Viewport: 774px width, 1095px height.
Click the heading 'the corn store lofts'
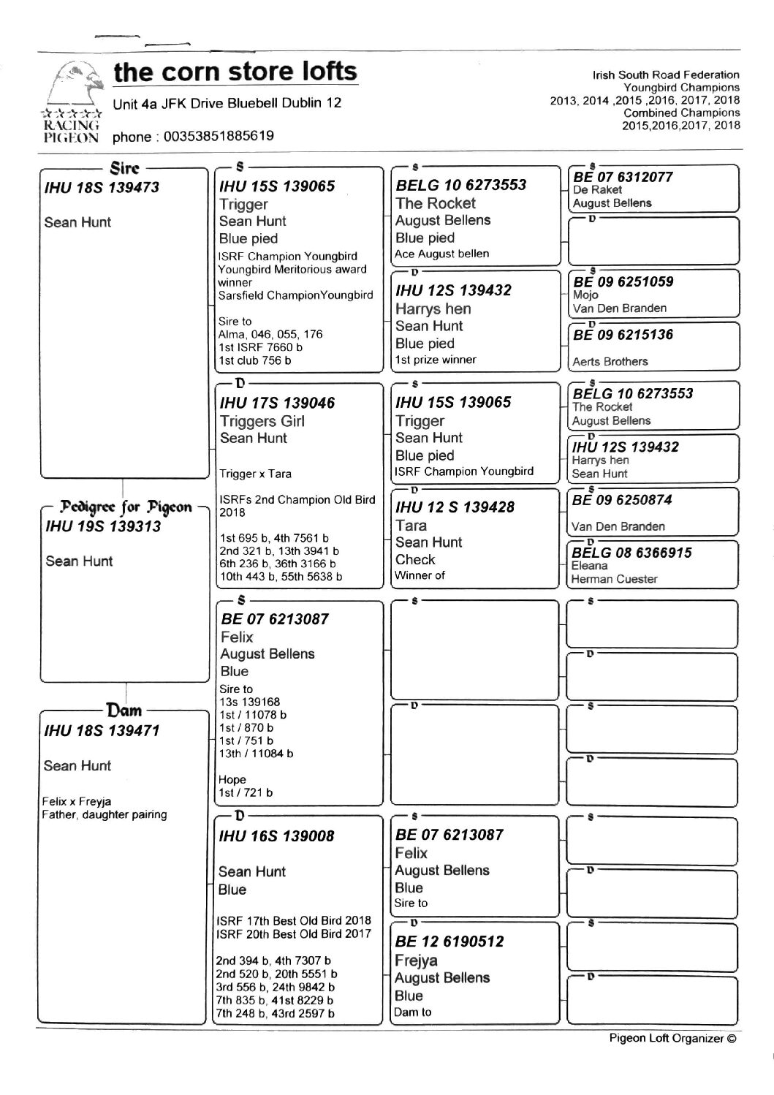[235, 72]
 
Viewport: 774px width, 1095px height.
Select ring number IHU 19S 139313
[103, 526]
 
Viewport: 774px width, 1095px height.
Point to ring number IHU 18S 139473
[102, 187]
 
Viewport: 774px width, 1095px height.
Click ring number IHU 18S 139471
[102, 730]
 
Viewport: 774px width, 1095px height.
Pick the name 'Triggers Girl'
[262, 421]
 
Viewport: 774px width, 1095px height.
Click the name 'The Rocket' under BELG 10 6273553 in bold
[436, 203]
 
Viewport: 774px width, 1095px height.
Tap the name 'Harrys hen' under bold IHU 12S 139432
[433, 308]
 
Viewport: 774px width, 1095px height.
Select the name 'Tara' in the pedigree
[411, 525]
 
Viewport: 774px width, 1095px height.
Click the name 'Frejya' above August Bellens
[416, 960]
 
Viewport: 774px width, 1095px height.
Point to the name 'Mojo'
[585, 295]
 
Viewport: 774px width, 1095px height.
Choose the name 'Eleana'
[590, 566]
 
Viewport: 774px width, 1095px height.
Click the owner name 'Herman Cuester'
[615, 579]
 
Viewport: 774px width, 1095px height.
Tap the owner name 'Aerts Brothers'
[610, 361]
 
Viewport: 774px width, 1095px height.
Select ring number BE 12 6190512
[449, 941]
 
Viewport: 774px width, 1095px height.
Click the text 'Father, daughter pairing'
[105, 814]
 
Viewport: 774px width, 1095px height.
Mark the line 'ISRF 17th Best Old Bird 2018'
[294, 920]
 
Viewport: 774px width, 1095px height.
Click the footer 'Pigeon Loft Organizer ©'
[672, 1039]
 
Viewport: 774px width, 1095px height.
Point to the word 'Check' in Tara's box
[415, 559]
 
